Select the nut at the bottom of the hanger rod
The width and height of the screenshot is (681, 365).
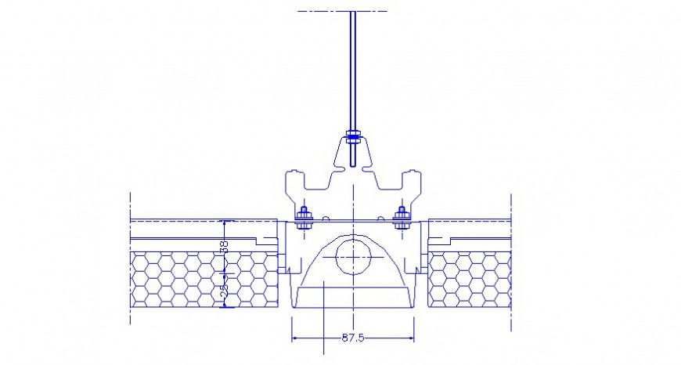point(353,140)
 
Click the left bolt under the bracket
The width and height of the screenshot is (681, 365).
point(304,215)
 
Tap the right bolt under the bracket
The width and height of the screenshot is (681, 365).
point(403,215)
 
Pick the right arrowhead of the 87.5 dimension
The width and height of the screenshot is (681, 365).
point(413,338)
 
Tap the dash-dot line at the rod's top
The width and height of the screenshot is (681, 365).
point(343,11)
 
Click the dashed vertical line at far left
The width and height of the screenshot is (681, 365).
point(130,258)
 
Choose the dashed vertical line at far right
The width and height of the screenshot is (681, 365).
point(511,258)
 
